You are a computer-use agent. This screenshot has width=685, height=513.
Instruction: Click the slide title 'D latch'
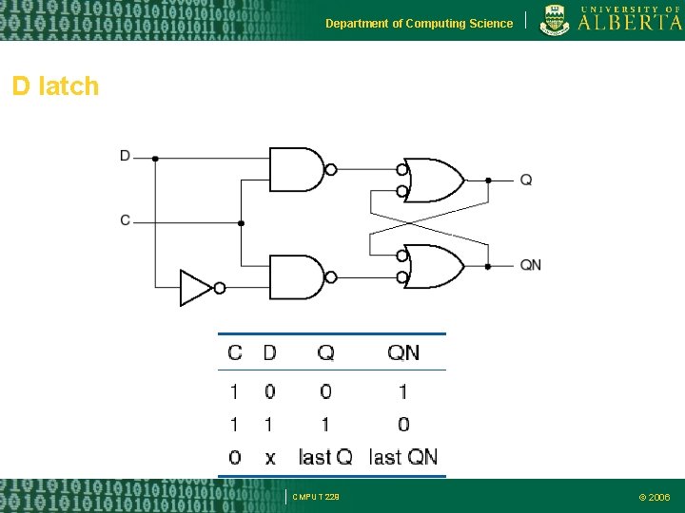(x=55, y=86)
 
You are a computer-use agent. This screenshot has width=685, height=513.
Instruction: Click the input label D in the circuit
(x=125, y=155)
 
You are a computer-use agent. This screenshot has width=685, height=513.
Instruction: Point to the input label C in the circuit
(x=125, y=220)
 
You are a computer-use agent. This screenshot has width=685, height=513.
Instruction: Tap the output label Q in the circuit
(x=525, y=180)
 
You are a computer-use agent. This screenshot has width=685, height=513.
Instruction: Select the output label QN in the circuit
(x=530, y=265)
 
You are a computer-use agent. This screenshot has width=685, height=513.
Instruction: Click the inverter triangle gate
(x=195, y=288)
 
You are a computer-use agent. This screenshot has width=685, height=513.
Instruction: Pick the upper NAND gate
(x=297, y=170)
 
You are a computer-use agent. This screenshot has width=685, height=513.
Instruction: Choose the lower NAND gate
(x=297, y=277)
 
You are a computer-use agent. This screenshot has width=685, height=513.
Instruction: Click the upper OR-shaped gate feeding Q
(x=434, y=180)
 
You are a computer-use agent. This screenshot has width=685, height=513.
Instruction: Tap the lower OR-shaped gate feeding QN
(x=434, y=266)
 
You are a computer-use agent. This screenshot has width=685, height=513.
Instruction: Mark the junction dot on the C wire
(x=241, y=223)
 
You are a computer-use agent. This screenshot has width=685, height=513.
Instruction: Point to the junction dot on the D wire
(x=155, y=159)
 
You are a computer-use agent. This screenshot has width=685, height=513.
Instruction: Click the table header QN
(x=402, y=352)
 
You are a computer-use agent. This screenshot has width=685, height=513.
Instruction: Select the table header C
(x=234, y=352)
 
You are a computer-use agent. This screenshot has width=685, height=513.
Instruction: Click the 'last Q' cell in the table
(x=325, y=457)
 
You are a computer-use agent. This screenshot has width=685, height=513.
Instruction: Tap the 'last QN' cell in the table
(x=402, y=457)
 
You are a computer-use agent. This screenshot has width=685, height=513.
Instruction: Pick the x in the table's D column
(x=269, y=458)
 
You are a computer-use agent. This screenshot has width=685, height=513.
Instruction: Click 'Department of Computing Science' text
(x=419, y=24)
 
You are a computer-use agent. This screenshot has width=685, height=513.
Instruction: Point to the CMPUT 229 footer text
(x=315, y=497)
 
